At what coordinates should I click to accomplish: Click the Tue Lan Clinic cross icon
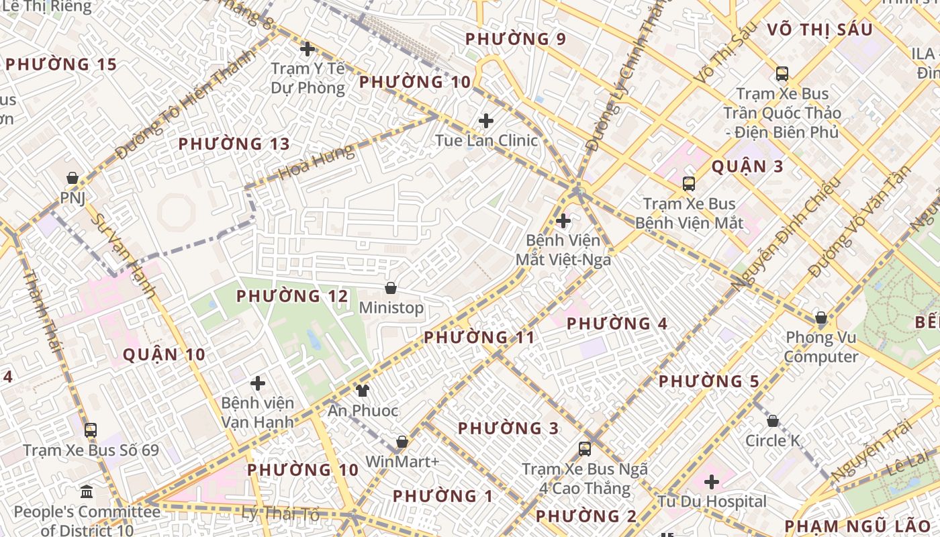click(485, 121)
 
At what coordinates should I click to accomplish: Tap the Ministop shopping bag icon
click(391, 289)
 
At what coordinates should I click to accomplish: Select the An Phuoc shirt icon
click(363, 391)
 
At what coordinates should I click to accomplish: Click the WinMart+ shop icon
click(402, 442)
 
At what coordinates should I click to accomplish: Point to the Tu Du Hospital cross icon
click(712, 482)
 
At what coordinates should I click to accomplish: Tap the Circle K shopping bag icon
click(773, 422)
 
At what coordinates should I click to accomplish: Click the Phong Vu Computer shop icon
click(820, 318)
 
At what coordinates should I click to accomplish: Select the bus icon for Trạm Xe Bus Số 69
click(91, 430)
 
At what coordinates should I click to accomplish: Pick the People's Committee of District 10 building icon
click(87, 493)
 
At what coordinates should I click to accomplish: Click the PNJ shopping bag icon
click(73, 179)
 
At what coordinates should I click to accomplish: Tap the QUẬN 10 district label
click(164, 355)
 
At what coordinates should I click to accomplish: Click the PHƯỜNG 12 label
click(292, 296)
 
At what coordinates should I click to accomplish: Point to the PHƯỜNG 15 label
click(61, 65)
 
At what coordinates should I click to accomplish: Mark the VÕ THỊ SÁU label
click(819, 30)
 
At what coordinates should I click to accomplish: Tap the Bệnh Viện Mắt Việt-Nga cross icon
click(563, 220)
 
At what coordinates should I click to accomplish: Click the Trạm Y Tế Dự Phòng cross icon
click(308, 49)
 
